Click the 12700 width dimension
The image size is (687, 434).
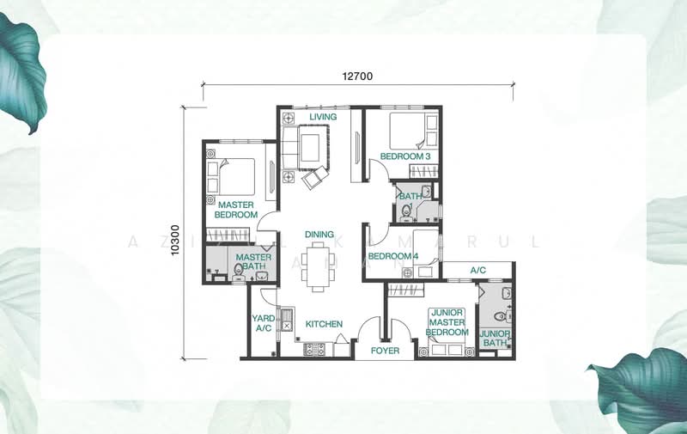point(357,76)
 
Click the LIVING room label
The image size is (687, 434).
point(323,117)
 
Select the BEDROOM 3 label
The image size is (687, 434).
point(405,156)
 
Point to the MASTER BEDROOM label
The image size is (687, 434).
point(236,210)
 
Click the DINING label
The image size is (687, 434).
point(319,234)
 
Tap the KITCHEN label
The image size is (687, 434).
point(324,324)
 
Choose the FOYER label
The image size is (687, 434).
point(385,351)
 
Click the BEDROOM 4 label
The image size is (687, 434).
point(393,256)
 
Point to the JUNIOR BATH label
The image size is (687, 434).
point(495,339)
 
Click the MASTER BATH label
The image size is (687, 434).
point(254,262)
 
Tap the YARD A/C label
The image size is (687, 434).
point(263,323)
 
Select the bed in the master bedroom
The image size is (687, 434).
point(235,177)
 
